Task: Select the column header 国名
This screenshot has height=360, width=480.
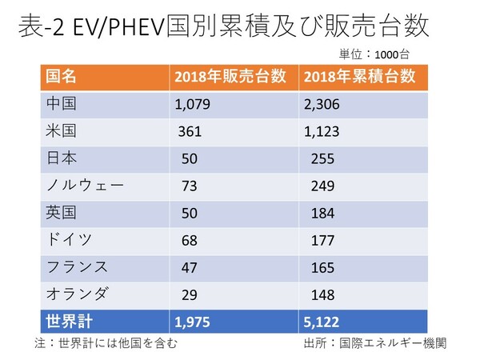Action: click(x=62, y=78)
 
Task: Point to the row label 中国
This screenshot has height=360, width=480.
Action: click(x=61, y=103)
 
